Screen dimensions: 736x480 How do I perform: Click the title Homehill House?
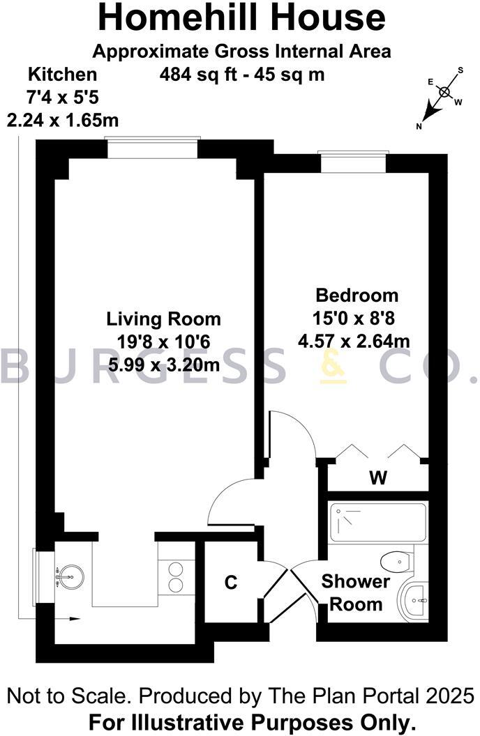241,18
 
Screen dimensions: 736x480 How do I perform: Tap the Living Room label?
163,319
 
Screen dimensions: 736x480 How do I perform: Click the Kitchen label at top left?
62,75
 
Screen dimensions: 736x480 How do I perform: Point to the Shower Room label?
356,592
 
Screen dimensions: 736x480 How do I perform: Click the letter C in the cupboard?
231,582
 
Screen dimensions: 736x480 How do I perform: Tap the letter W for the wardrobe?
378,478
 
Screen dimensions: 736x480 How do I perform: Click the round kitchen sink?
71,576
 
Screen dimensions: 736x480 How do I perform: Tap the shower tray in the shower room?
377,523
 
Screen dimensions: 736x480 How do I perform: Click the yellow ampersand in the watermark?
333,367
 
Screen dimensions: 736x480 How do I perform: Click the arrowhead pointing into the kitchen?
75,619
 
